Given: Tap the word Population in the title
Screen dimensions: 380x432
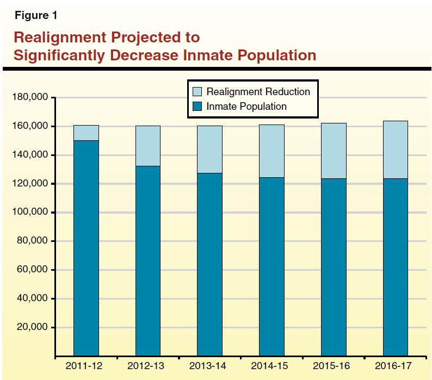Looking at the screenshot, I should [x=275, y=55].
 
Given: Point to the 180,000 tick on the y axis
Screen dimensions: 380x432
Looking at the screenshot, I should [x=30, y=98].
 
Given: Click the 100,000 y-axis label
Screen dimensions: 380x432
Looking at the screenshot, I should [x=30, y=213].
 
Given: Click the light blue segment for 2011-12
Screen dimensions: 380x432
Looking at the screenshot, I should [x=86, y=133].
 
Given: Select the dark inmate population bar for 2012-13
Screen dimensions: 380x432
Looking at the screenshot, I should [x=148, y=261].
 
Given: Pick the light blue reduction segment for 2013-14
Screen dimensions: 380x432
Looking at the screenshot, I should [x=209, y=149].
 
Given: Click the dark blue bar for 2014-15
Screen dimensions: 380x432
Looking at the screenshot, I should [x=271, y=266].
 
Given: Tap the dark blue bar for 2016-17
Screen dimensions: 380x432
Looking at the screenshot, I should [x=396, y=266].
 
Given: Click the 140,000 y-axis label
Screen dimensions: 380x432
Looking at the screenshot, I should [x=30, y=155].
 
